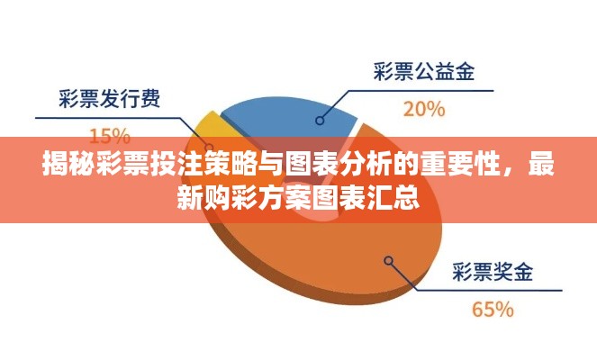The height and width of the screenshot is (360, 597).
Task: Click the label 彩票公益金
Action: click(x=424, y=71)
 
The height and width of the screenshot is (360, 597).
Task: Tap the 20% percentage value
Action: click(x=424, y=109)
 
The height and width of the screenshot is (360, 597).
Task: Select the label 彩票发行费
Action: click(x=109, y=98)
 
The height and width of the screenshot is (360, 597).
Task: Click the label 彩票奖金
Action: click(x=493, y=272)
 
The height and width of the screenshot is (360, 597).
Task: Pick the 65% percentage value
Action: click(x=493, y=310)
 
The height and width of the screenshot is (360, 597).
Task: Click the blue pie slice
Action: click(x=289, y=118)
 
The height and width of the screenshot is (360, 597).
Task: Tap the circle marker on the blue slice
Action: click(x=320, y=121)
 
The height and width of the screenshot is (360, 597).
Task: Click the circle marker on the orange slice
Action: click(x=388, y=261)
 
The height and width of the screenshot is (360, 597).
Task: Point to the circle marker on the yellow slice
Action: click(x=209, y=147)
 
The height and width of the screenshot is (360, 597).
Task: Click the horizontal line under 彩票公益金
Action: click(x=421, y=91)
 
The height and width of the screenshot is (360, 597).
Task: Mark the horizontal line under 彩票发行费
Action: click(x=107, y=119)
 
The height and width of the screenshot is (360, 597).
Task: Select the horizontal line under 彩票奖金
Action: click(x=489, y=291)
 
